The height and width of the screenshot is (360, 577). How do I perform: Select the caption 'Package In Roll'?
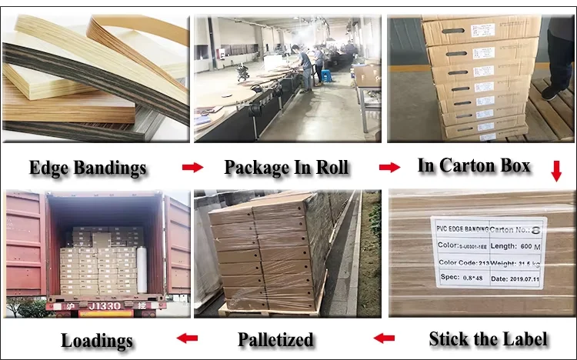[287, 167]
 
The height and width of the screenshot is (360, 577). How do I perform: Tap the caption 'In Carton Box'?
[474, 165]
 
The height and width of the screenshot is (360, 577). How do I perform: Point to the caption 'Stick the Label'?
[489, 338]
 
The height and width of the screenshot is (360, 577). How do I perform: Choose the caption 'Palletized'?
[275, 339]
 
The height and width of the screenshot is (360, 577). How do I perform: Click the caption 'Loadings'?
[97, 340]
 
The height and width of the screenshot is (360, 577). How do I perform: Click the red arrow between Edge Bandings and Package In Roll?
[192, 167]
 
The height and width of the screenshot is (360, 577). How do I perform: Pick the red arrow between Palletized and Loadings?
[187, 337]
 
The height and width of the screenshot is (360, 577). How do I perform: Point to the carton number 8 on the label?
[536, 228]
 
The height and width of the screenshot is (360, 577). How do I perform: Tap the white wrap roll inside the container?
[142, 269]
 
